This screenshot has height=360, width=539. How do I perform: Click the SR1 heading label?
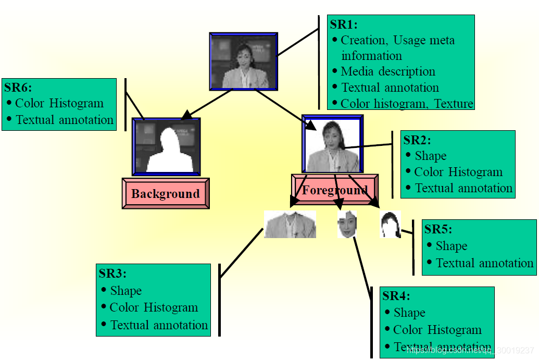[344, 24]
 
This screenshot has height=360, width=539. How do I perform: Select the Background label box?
[166, 194]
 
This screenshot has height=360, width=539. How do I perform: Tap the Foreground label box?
[335, 191]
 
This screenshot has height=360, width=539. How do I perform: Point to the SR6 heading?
[18, 88]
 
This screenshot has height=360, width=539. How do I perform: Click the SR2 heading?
[417, 140]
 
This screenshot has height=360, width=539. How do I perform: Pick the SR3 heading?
[112, 274]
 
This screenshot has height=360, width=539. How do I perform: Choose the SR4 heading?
[396, 296]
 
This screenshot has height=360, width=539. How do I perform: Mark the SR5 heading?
[438, 229]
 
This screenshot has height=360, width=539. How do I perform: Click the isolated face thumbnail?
[347, 224]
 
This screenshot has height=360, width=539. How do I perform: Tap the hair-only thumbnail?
[390, 225]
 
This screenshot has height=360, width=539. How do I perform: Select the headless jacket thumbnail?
[290, 225]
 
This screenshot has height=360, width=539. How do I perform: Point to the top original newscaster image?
[243, 61]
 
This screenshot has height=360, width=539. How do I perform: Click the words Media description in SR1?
[388, 71]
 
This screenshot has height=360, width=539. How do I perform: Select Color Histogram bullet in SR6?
[59, 103]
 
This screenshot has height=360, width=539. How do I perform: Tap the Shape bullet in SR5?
[451, 246]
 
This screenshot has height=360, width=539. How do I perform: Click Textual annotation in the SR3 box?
[159, 325]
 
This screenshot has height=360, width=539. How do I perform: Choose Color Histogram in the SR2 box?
[458, 172]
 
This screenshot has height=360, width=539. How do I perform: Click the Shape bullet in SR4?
[409, 313]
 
